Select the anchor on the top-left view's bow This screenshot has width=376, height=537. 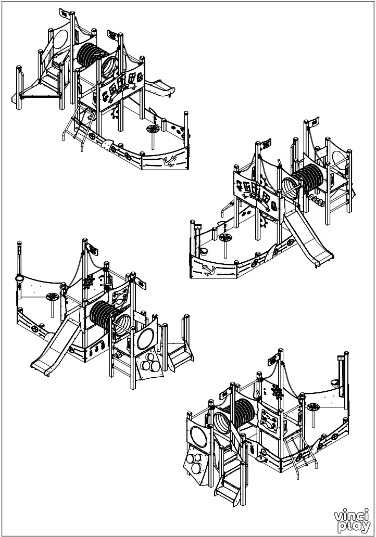168,161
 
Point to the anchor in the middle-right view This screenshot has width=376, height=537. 207,270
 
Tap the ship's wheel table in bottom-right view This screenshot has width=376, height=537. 314,408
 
